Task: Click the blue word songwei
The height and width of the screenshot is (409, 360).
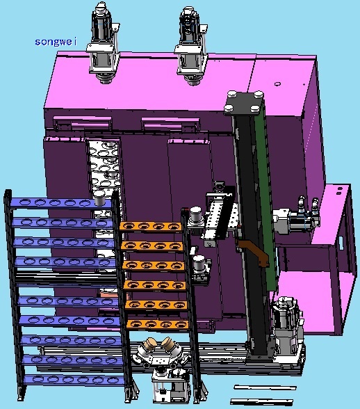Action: click(56, 42)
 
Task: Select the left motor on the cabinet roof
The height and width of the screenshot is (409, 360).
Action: click(104, 43)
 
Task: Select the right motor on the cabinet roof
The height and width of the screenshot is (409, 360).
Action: click(191, 46)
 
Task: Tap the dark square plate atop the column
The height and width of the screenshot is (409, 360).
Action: click(244, 103)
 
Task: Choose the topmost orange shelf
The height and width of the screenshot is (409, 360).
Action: click(150, 227)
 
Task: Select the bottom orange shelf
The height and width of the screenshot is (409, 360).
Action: click(157, 324)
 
